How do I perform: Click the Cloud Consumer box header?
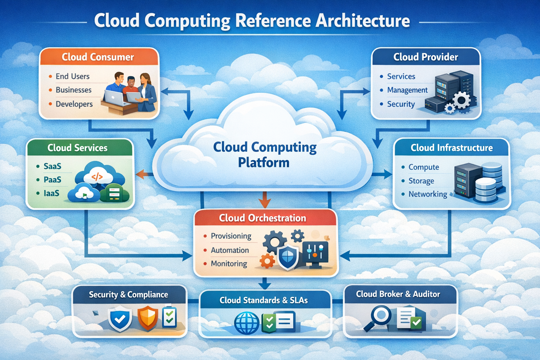[98, 57]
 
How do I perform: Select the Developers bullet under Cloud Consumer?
[74, 104]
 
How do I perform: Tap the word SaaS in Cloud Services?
[52, 166]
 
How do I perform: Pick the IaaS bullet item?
[51, 193]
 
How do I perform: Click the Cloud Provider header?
[425, 57]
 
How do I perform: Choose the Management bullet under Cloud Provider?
[407, 90]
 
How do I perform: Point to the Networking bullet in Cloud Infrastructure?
[427, 194]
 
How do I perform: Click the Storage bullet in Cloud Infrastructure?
[421, 181]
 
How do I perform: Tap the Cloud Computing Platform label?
[264, 155]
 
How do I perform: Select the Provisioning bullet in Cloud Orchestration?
[231, 236]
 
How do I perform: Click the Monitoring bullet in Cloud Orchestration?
[229, 263]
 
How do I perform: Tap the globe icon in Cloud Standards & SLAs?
[247, 323]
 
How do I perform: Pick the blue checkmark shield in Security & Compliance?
[120, 319]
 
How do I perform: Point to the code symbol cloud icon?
[97, 176]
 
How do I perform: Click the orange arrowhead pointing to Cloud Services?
[140, 174]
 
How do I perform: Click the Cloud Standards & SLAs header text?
[264, 300]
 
